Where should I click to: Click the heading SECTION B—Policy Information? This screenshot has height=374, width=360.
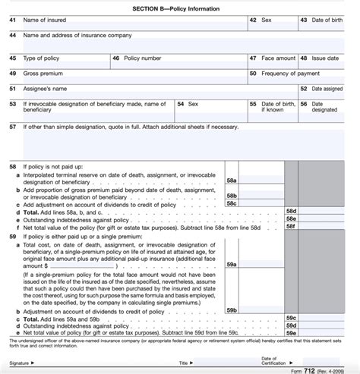(x=180, y=7)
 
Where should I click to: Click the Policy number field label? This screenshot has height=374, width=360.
(x=143, y=58)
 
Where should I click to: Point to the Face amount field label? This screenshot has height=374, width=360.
(x=278, y=58)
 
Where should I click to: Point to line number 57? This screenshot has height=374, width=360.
(x=12, y=127)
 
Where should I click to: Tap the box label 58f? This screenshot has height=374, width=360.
(x=290, y=226)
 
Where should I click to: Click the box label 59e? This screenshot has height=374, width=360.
(x=290, y=332)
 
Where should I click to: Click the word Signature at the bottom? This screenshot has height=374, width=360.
(x=23, y=363)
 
